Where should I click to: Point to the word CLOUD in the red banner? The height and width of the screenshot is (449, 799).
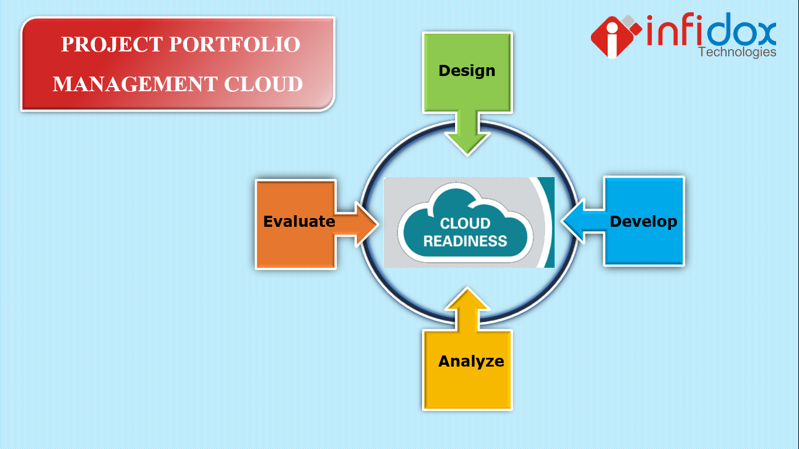click(264, 84)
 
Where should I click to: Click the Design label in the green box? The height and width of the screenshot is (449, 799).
click(467, 71)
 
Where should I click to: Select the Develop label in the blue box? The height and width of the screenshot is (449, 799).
click(643, 222)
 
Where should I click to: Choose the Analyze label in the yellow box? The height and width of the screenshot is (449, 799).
click(471, 361)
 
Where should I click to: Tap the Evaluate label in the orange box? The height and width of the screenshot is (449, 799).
click(299, 222)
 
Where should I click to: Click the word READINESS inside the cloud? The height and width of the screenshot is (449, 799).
click(465, 240)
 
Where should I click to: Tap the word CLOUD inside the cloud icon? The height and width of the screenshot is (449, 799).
click(465, 223)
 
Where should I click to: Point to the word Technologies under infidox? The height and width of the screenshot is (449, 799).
click(737, 52)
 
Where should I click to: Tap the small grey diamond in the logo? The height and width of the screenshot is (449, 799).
click(630, 22)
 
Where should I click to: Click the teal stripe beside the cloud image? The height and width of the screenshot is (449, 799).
click(549, 222)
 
